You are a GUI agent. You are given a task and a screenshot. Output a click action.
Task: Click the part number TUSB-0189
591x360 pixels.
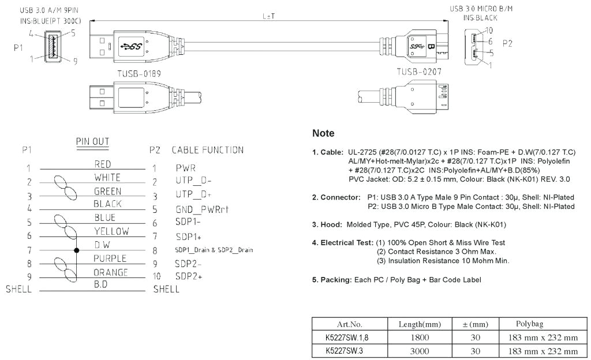point(139,74)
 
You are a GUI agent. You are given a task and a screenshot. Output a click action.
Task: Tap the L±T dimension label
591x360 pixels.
point(268,16)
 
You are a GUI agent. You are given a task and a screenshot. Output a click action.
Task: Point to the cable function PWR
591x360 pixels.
point(186,168)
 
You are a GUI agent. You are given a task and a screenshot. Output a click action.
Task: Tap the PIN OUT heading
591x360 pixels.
point(92,141)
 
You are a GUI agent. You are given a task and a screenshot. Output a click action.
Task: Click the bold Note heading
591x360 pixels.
point(323,133)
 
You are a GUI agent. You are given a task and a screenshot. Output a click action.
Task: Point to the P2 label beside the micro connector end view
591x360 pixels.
point(507,44)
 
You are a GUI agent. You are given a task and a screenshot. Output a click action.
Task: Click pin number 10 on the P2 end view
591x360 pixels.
point(489,30)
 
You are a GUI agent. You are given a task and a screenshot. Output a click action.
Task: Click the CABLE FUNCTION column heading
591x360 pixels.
point(207,150)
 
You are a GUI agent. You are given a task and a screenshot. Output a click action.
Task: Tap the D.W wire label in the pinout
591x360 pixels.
point(102,245)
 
